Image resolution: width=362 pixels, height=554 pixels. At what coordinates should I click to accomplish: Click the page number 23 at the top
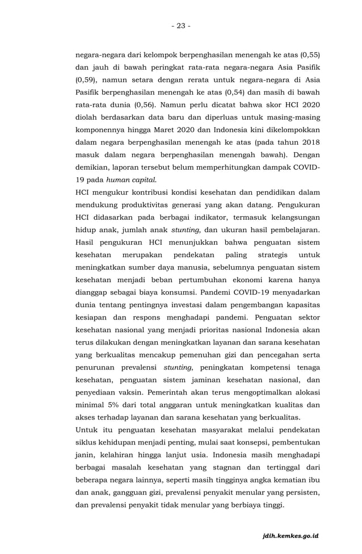tap(180, 26)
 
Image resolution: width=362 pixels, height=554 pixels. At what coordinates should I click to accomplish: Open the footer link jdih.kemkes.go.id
tap(292, 535)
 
